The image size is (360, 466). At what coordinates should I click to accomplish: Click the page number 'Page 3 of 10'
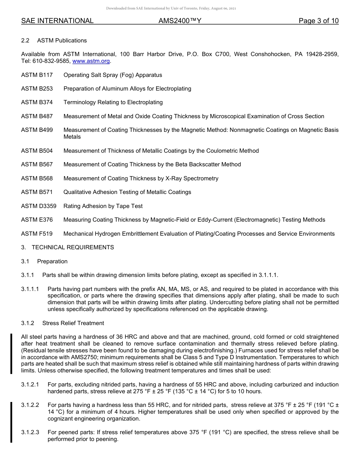pos(318,21)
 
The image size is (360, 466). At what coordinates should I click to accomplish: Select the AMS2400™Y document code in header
pos(180,21)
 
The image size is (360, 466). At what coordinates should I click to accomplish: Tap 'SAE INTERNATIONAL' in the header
pos(57,21)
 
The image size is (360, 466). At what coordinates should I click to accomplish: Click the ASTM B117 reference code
pos(37,75)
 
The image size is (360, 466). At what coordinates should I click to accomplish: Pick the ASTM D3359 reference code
pos(39,206)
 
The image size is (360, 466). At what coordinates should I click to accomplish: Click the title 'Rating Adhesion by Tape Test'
pos(103,206)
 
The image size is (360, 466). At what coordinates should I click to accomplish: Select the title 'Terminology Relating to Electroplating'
pos(113,102)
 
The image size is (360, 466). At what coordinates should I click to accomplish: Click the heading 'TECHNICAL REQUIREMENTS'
pos(73,247)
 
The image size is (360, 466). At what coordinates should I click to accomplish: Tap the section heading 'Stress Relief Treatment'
pos(73,323)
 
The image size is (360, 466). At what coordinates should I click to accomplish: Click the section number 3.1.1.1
pos(30,289)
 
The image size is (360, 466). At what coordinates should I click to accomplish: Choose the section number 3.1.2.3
pos(30,432)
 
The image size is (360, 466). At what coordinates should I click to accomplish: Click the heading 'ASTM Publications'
pos(62,41)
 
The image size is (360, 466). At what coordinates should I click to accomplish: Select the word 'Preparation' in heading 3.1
pos(52,261)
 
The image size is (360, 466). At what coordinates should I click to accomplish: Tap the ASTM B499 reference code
pos(37,130)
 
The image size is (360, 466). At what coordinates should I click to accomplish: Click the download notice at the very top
pos(171,8)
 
